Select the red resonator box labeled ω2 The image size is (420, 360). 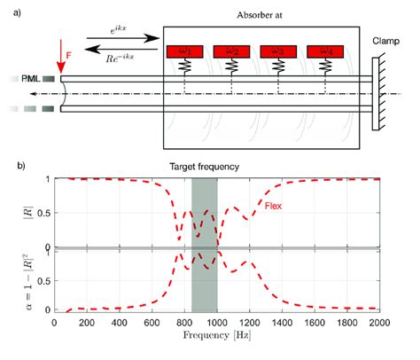234,51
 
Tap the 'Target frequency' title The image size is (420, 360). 205,166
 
